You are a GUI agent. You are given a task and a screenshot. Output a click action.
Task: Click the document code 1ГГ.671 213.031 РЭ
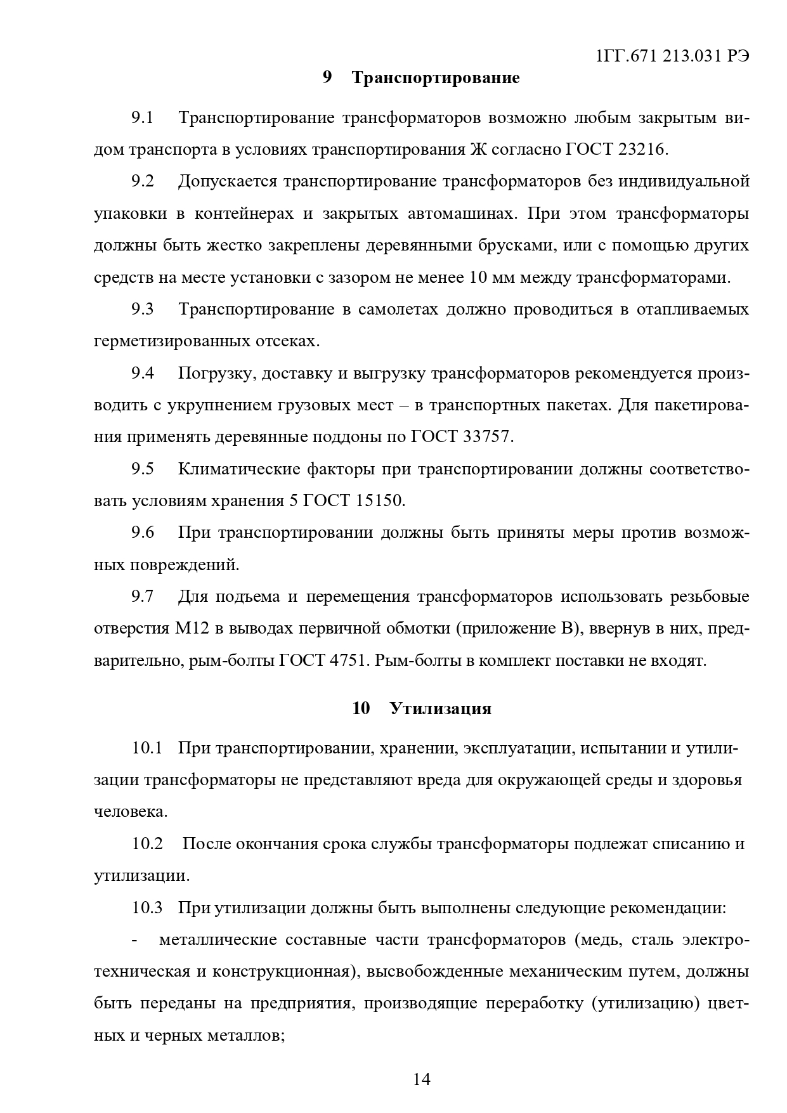click(673, 56)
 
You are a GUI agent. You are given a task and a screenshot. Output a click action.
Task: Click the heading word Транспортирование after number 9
click(435, 77)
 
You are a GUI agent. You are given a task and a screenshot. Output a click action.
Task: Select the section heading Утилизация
click(440, 708)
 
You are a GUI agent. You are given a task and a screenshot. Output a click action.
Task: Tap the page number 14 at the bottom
click(421, 1079)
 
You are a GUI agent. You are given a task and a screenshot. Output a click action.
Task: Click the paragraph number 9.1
click(143, 118)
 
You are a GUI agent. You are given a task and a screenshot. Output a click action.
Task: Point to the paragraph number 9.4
click(143, 374)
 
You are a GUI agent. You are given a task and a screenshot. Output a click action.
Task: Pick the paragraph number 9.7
click(143, 597)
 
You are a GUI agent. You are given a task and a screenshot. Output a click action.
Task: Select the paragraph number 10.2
click(147, 845)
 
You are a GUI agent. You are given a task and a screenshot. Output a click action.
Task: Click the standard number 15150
click(378, 501)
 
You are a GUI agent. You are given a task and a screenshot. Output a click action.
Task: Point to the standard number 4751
click(346, 661)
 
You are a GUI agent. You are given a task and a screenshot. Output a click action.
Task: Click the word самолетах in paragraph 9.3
click(398, 309)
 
